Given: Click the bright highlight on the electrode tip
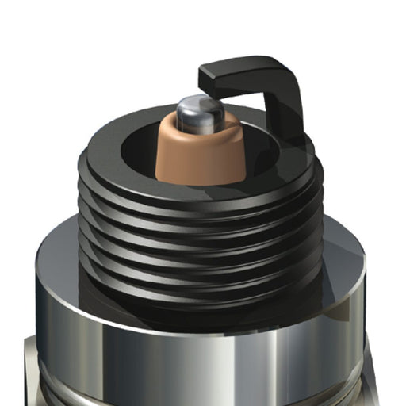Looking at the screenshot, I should tap(188, 103).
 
